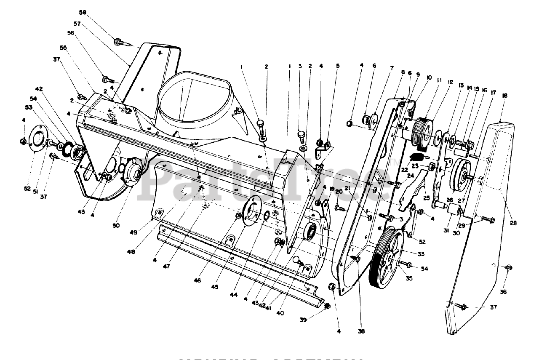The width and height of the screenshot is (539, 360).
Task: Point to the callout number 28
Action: click(x=514, y=223)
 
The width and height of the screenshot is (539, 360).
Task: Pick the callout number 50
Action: click(x=116, y=225)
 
